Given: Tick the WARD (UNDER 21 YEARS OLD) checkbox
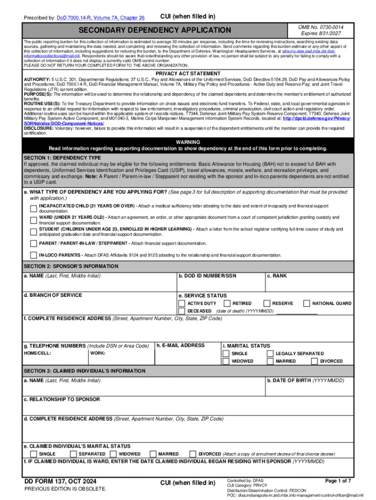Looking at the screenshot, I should (x=34, y=218).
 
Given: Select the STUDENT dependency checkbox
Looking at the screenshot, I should (x=34, y=229).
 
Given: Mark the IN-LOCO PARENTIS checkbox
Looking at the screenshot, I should (x=34, y=255).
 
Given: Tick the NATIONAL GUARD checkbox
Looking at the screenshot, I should (x=306, y=303).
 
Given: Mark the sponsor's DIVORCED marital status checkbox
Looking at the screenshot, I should (x=313, y=361).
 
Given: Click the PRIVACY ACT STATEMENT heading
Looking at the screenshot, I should (x=188, y=73).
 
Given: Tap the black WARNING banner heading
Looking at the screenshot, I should (x=188, y=142).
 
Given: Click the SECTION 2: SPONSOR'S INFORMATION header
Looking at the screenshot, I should (x=71, y=266).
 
